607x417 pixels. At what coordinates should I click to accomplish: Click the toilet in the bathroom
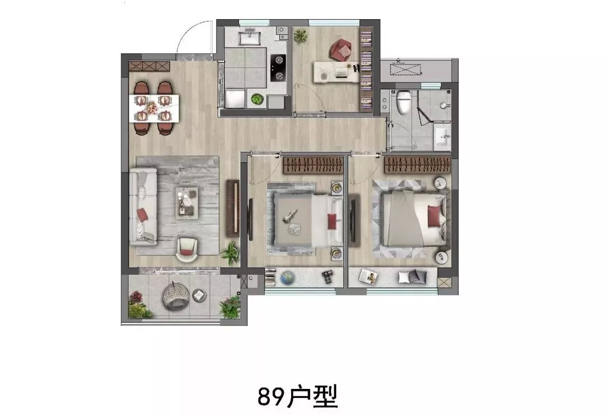tap(404, 102)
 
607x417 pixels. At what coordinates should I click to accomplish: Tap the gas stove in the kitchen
tap(278, 68)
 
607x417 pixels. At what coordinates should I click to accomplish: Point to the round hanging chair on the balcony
tap(174, 295)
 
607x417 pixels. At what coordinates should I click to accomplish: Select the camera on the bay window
tap(328, 277)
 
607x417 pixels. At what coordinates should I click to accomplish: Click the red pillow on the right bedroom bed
tap(434, 216)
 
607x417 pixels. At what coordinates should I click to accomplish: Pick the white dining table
tap(153, 108)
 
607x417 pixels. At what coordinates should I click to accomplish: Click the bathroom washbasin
tap(443, 137)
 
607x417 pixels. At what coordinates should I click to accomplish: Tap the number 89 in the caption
tap(270, 396)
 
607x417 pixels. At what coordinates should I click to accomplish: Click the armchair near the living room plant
tap(187, 250)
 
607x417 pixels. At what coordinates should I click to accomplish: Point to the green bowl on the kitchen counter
tap(256, 99)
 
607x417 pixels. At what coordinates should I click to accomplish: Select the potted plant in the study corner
tap(300, 36)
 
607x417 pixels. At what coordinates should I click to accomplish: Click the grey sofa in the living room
tap(143, 206)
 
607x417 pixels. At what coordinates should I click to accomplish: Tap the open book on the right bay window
tap(368, 276)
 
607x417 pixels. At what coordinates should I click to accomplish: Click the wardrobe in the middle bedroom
tap(313, 165)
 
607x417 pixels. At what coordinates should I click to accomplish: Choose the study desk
tap(337, 72)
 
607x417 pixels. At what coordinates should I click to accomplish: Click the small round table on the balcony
tap(199, 295)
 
